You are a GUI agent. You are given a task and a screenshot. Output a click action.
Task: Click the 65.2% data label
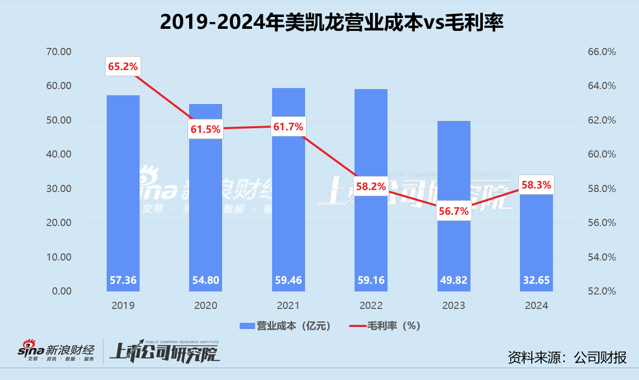point(123,66)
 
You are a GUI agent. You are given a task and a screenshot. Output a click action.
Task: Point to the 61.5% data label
point(205,129)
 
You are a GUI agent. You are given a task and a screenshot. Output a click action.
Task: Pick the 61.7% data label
point(288,127)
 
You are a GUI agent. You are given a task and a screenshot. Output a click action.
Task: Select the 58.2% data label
point(371,186)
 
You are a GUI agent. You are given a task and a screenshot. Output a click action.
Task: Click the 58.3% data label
point(536,184)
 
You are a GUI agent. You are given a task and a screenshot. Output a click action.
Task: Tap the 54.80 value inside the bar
point(205,281)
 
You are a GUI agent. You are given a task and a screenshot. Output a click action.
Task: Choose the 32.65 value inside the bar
point(536,281)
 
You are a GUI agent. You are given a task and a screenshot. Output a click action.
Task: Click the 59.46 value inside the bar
point(288,281)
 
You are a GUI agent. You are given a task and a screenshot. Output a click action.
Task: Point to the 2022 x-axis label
point(371,305)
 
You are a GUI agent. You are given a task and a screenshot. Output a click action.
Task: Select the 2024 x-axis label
point(536,305)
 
